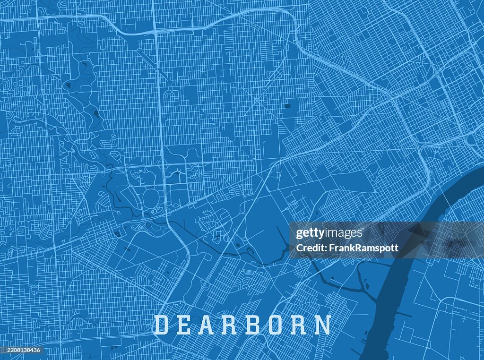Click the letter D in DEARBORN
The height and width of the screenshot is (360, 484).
161,325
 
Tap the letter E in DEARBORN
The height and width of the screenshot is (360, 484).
186,325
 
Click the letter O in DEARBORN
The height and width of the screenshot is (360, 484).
282,325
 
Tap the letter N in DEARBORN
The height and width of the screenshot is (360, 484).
324,325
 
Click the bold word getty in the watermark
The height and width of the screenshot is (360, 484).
311,233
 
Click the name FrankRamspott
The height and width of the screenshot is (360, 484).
363,248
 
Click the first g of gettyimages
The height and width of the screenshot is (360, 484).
299,234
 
